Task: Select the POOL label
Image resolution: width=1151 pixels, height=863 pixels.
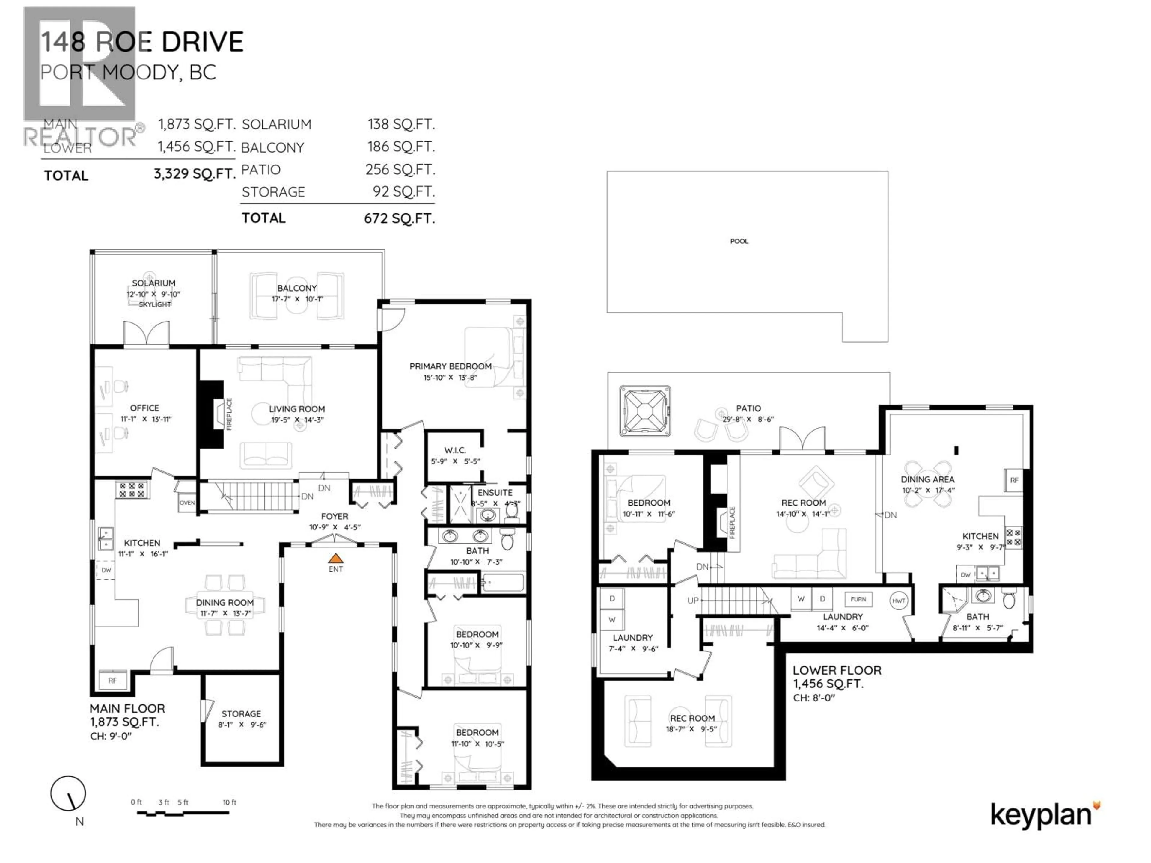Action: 739,241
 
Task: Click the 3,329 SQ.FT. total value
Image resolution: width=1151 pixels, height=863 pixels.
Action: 195,174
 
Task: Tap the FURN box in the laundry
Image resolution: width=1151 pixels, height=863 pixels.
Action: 858,599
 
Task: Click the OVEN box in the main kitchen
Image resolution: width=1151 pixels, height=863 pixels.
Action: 187,503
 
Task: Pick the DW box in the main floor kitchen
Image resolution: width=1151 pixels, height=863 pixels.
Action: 106,570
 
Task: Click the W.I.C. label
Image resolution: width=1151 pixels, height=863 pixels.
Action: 455,450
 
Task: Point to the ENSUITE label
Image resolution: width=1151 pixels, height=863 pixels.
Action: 495,493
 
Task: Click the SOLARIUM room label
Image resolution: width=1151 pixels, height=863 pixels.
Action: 153,283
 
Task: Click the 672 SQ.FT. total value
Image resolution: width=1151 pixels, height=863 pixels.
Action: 399,218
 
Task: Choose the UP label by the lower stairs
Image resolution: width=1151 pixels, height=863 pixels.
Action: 693,600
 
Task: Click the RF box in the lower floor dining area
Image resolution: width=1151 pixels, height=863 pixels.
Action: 1014,480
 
